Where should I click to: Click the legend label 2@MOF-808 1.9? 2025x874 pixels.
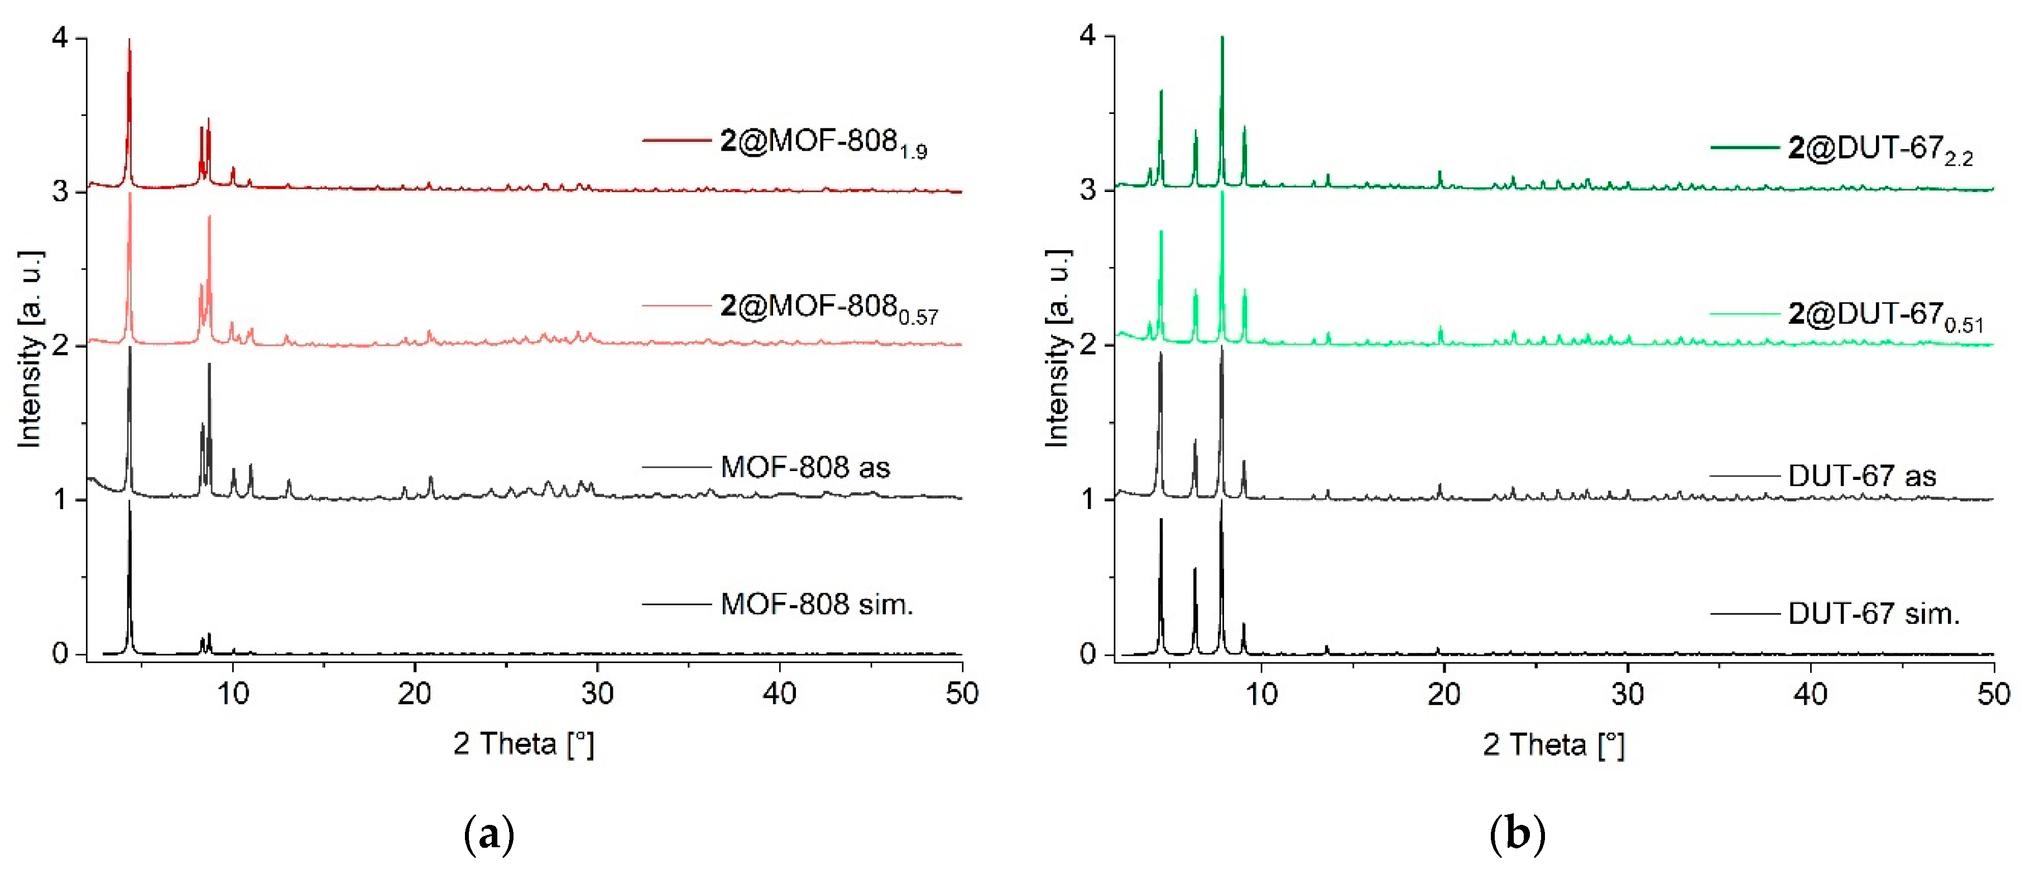[x=823, y=143]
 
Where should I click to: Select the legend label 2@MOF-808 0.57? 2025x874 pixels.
[x=828, y=308]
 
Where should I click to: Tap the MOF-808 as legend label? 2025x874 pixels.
[x=805, y=468]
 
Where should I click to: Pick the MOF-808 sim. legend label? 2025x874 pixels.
[x=817, y=604]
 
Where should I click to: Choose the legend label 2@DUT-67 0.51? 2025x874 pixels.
[x=1885, y=316]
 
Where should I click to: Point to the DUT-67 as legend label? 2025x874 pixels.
[x=1861, y=476]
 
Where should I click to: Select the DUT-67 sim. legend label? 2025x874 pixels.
[x=1874, y=614]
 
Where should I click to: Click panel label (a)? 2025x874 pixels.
[x=489, y=835]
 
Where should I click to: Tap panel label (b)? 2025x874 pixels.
[x=1517, y=835]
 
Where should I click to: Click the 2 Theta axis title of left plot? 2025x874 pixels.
[x=524, y=743]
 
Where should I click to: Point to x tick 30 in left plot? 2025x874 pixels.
[x=597, y=693]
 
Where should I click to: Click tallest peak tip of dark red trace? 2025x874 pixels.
[x=129, y=39]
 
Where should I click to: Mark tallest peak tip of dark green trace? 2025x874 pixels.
[x=1222, y=37]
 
